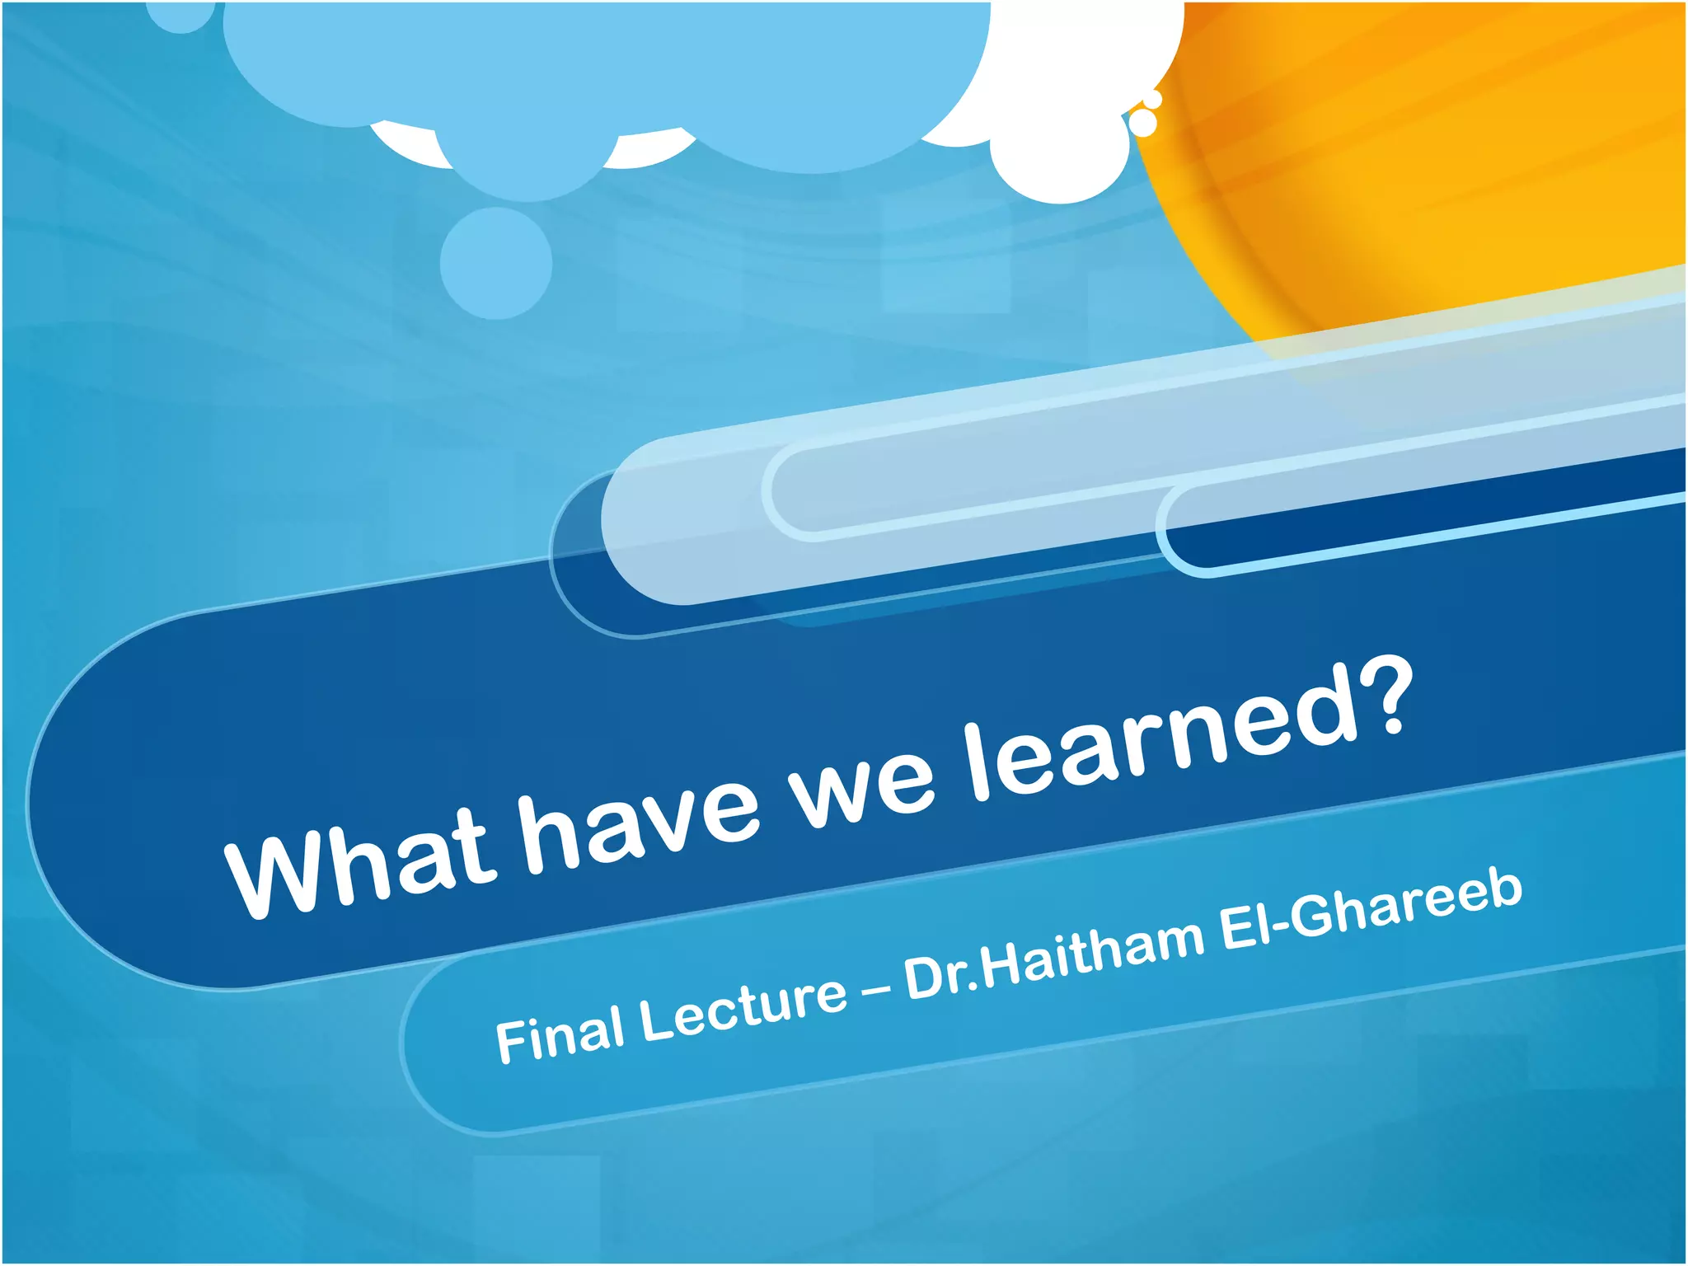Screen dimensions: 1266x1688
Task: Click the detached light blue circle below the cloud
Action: point(495,262)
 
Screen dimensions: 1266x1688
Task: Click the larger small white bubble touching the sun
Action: point(1143,123)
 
